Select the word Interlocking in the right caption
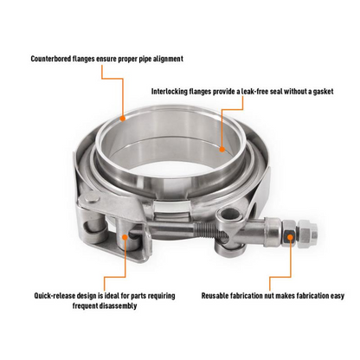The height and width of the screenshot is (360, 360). click(177, 89)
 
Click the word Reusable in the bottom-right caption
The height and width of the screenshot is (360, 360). click(220, 295)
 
